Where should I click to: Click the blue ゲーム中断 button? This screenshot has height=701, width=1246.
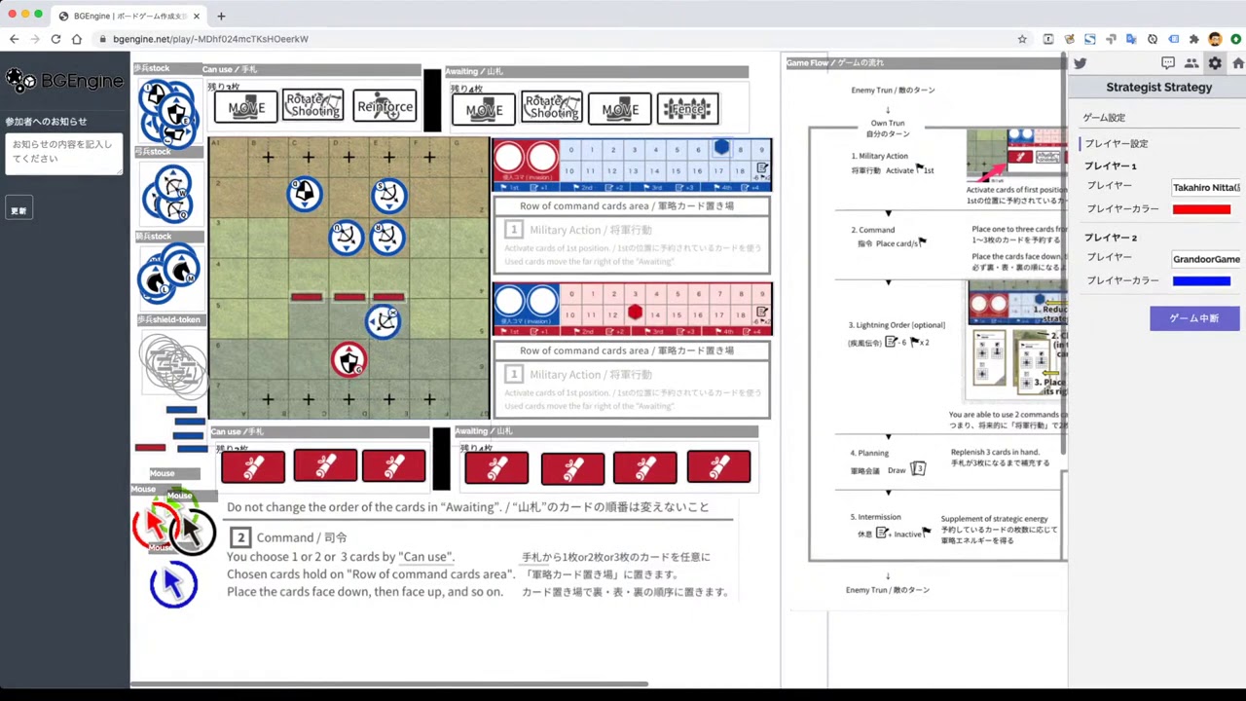[x=1194, y=318]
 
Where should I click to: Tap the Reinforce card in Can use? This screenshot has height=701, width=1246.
[x=385, y=107]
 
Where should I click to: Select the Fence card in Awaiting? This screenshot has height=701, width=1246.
[x=687, y=109]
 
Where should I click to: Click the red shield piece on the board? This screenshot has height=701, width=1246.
[x=348, y=359]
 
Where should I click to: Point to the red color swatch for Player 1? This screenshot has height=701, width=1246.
[x=1201, y=209]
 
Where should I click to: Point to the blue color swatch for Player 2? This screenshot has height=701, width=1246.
[x=1201, y=281]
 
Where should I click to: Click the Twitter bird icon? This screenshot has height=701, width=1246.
[x=1080, y=63]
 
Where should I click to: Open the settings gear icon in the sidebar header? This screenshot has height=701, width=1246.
[x=1215, y=63]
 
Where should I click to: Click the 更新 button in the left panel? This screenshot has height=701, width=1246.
[x=18, y=210]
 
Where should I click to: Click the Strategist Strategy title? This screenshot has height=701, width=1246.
[x=1158, y=88]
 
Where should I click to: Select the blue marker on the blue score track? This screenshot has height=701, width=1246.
[x=720, y=148]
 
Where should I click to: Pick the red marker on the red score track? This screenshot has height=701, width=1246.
[x=635, y=312]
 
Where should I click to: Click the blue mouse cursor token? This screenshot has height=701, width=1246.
[x=173, y=584]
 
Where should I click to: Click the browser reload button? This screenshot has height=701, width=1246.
[x=55, y=39]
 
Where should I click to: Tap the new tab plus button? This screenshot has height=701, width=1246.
[x=221, y=16]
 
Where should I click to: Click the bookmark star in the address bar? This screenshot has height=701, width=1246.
[x=1022, y=39]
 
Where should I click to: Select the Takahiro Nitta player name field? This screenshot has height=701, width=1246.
[x=1205, y=187]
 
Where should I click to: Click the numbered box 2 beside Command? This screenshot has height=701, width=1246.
[x=240, y=537]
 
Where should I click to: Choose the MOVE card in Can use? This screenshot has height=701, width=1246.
[x=245, y=107]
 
